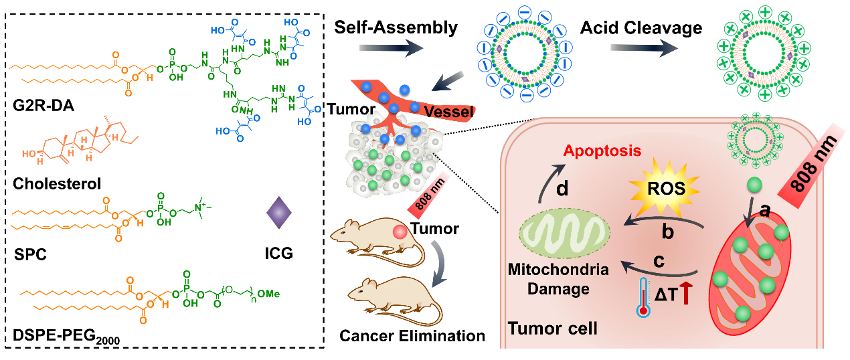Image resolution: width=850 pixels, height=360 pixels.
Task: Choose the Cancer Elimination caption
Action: [412, 335]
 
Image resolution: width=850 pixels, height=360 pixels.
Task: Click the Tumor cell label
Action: [552, 329]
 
